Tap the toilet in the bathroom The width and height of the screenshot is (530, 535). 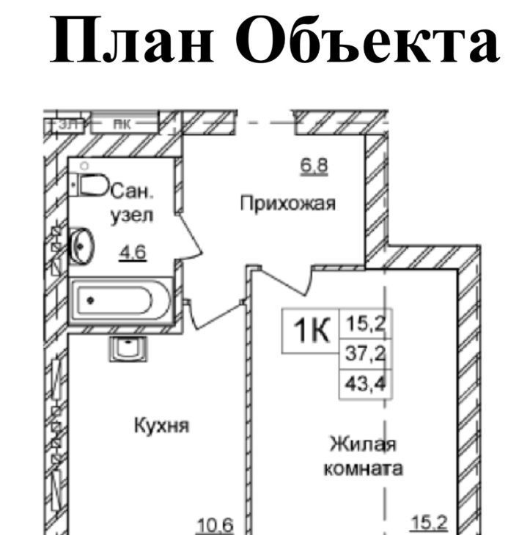coord(92,186)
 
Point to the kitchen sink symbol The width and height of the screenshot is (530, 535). coord(129,348)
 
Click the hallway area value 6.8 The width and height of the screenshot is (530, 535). coord(312,166)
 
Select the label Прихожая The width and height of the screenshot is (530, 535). coord(288,204)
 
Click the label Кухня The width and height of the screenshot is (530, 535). coord(161,425)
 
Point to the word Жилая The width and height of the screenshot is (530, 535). coord(362,444)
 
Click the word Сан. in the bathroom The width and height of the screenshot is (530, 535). coord(133,192)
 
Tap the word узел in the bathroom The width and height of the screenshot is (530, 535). coord(132,217)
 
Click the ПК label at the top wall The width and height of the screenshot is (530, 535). coord(122,125)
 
